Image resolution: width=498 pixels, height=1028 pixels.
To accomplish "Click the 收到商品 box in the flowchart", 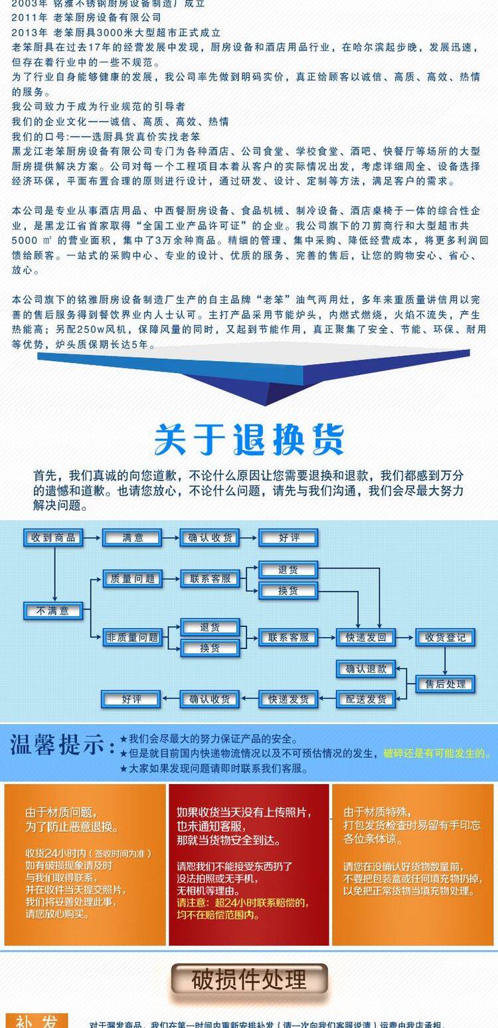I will (53, 537).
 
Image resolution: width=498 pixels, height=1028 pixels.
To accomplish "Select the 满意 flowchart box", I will (133, 537).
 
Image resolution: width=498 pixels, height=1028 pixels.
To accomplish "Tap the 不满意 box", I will (53, 610).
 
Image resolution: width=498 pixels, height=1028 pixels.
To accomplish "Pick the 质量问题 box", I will (132, 578).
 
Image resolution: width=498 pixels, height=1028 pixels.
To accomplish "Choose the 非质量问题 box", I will (132, 637).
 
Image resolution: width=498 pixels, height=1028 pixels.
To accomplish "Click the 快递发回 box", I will (366, 637).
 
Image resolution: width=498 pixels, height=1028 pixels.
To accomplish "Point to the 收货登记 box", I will (446, 637).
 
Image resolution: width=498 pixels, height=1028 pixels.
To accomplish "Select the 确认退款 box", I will (366, 669).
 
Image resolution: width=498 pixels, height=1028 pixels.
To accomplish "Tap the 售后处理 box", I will (446, 684).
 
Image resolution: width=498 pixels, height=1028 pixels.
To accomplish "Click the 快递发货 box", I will (288, 699).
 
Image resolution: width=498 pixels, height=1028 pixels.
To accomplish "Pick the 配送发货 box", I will (366, 699).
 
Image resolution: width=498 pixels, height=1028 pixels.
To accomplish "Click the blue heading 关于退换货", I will (249, 440).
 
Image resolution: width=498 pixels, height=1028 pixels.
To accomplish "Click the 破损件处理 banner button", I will (249, 979).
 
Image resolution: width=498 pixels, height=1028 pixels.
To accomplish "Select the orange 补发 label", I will (37, 1021).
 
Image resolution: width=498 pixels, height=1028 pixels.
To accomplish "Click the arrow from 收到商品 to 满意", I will (92, 537).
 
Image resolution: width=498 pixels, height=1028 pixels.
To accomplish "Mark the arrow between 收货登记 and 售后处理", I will (446, 661).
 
